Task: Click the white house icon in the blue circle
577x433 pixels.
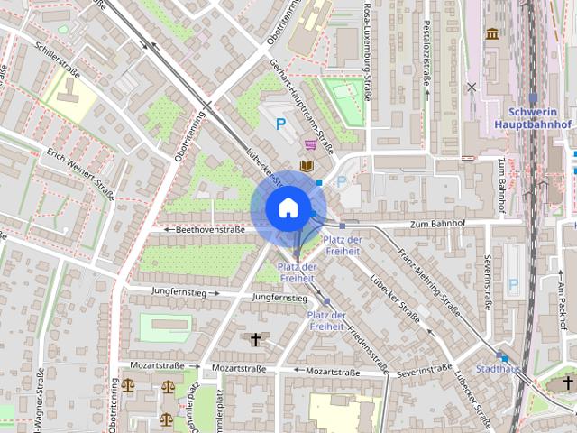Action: (x=288, y=208)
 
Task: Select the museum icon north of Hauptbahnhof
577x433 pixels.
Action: (x=492, y=34)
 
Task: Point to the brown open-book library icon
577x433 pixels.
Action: (x=307, y=165)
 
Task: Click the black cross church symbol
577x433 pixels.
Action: (x=256, y=340)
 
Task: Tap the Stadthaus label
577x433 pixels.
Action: (x=497, y=369)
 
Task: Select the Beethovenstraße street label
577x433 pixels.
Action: (x=205, y=230)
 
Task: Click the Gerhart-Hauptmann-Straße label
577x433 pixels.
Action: (x=302, y=106)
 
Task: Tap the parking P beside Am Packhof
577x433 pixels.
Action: (x=513, y=285)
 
